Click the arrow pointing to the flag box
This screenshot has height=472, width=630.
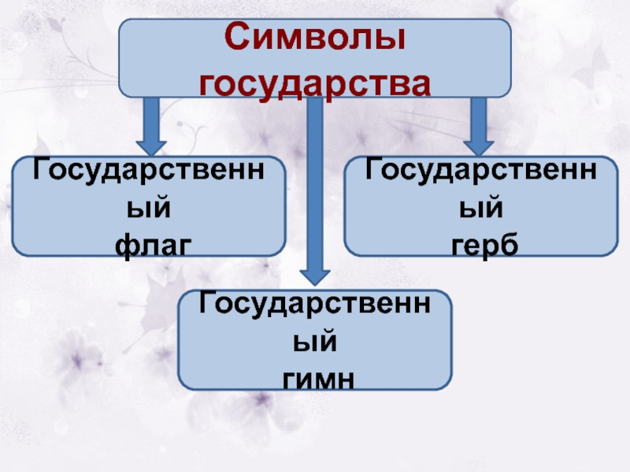(x=150, y=126)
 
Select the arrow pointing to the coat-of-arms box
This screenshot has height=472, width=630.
(x=477, y=126)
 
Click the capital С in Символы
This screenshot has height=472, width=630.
(x=234, y=39)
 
